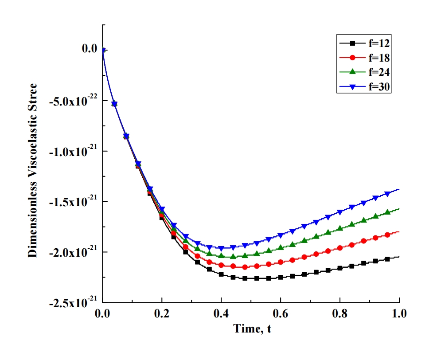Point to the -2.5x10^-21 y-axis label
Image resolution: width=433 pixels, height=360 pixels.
tap(73, 303)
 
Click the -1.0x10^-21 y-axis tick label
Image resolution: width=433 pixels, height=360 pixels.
tap(73, 151)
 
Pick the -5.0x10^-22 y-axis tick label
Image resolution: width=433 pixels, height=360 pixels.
tap(73, 101)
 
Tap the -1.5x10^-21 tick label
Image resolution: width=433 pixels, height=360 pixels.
tap(73, 202)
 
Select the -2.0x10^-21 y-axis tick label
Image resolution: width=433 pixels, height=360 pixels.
tap(73, 252)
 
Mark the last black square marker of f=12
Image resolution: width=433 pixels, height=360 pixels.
tap(387, 259)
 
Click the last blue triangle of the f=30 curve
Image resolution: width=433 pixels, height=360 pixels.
tap(387, 194)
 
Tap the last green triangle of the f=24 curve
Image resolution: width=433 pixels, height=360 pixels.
tap(387, 212)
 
